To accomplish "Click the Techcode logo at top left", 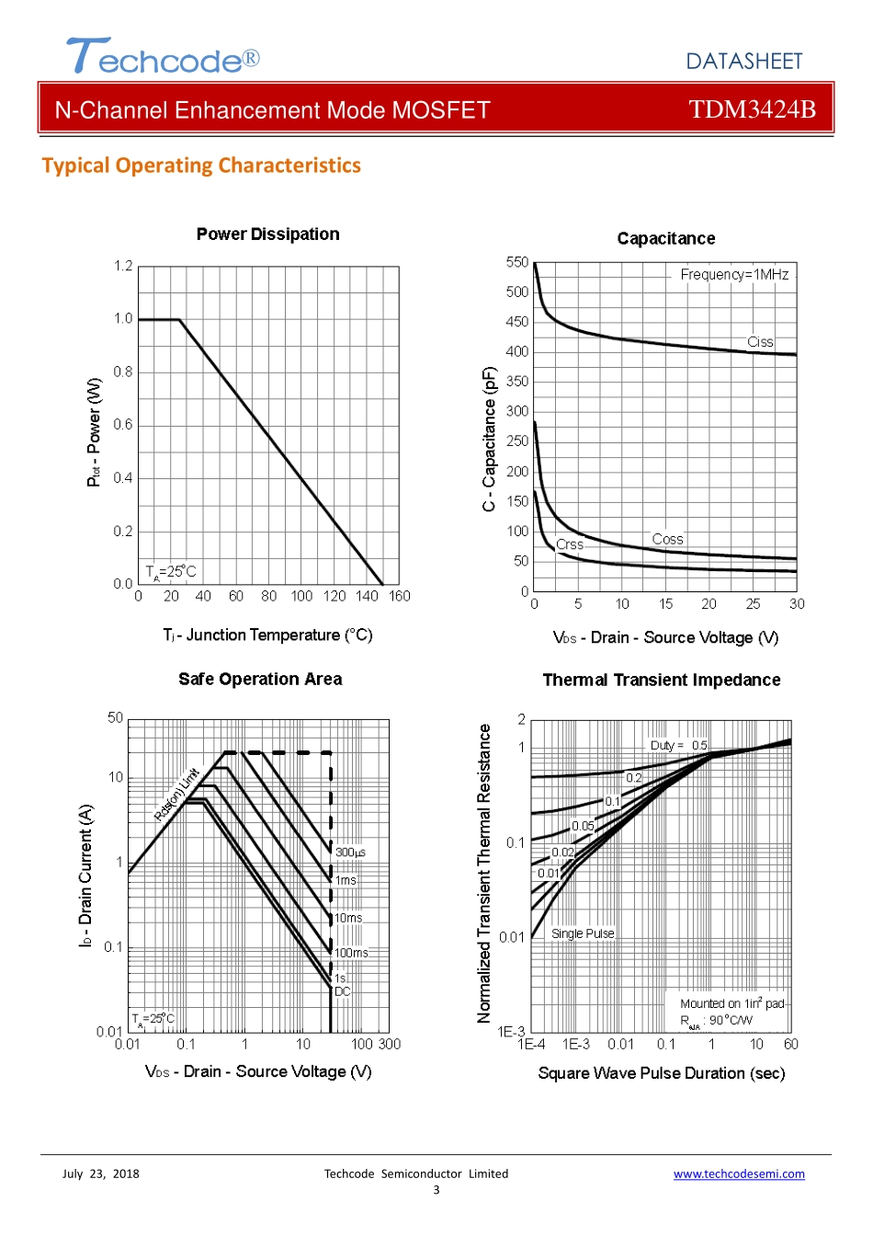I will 163,57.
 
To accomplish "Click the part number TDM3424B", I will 752,109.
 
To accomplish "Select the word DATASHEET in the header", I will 743,62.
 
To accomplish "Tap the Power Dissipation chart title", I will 267,235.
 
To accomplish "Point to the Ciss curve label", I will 760,342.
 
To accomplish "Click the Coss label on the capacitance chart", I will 667,539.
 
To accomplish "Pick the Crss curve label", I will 570,544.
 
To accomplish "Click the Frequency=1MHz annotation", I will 734,274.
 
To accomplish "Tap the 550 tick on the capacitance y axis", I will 517,262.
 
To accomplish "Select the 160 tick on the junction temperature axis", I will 399,596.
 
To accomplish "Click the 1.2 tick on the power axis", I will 123,266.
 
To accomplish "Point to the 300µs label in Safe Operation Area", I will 350,853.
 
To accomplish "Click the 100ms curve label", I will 351,953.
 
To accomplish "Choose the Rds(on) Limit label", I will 176,795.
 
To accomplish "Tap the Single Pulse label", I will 583,933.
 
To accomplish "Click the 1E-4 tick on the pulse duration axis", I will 531,1045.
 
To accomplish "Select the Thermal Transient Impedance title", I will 662,681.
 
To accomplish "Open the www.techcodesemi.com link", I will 739,1174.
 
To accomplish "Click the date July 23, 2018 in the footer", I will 101,1173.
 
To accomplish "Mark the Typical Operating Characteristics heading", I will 201,166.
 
